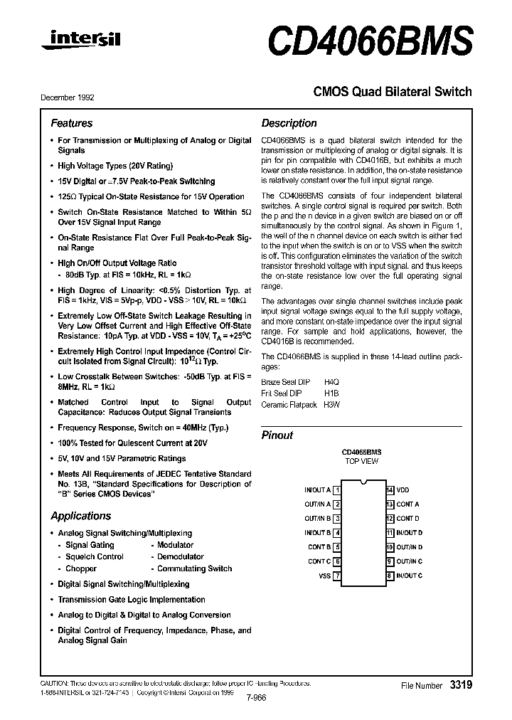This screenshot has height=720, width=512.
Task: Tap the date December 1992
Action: click(x=68, y=97)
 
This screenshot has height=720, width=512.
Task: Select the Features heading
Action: click(x=71, y=123)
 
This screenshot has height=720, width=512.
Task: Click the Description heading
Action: click(x=289, y=123)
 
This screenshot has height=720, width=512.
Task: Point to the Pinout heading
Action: click(x=277, y=435)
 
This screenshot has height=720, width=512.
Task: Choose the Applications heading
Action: click(x=81, y=516)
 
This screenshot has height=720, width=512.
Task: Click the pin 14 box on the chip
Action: click(x=390, y=490)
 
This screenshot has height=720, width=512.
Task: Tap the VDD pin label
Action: click(x=403, y=490)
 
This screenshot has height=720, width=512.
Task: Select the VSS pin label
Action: click(x=324, y=576)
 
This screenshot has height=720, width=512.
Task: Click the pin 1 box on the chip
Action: click(x=337, y=490)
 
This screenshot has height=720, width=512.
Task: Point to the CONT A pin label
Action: click(x=408, y=504)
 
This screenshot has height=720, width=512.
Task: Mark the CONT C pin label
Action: click(x=319, y=561)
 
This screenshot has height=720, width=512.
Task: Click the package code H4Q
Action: click(x=332, y=382)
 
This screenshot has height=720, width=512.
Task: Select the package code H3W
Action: click(x=332, y=405)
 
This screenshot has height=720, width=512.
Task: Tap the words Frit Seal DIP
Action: click(x=282, y=393)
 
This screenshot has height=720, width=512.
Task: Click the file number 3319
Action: click(x=460, y=684)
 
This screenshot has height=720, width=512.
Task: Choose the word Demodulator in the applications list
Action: click(x=181, y=557)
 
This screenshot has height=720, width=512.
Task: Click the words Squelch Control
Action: click(x=95, y=557)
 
